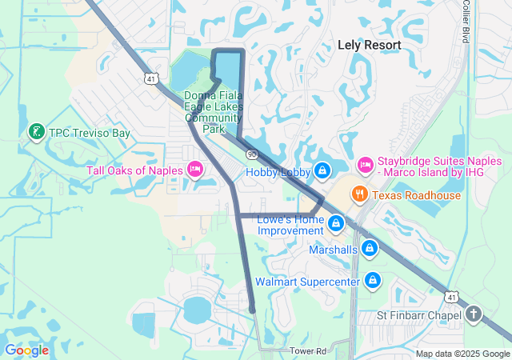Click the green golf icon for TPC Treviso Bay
pos(36,133)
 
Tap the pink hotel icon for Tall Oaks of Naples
pos(194,169)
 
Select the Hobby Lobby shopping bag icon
pos(322,170)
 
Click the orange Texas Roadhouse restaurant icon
pos(359,194)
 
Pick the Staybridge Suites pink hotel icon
pos(365,164)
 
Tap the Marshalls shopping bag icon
pos(368,250)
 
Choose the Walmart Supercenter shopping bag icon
pos(372,281)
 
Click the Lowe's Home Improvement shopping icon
pos(337,221)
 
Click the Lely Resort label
pos(369,46)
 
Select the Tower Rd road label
pos(309,351)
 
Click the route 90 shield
pos(252,153)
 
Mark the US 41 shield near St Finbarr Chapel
pos(451,298)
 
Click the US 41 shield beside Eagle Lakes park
pos(151,78)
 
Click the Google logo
pos(26,350)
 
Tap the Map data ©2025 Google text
pos(462,354)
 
